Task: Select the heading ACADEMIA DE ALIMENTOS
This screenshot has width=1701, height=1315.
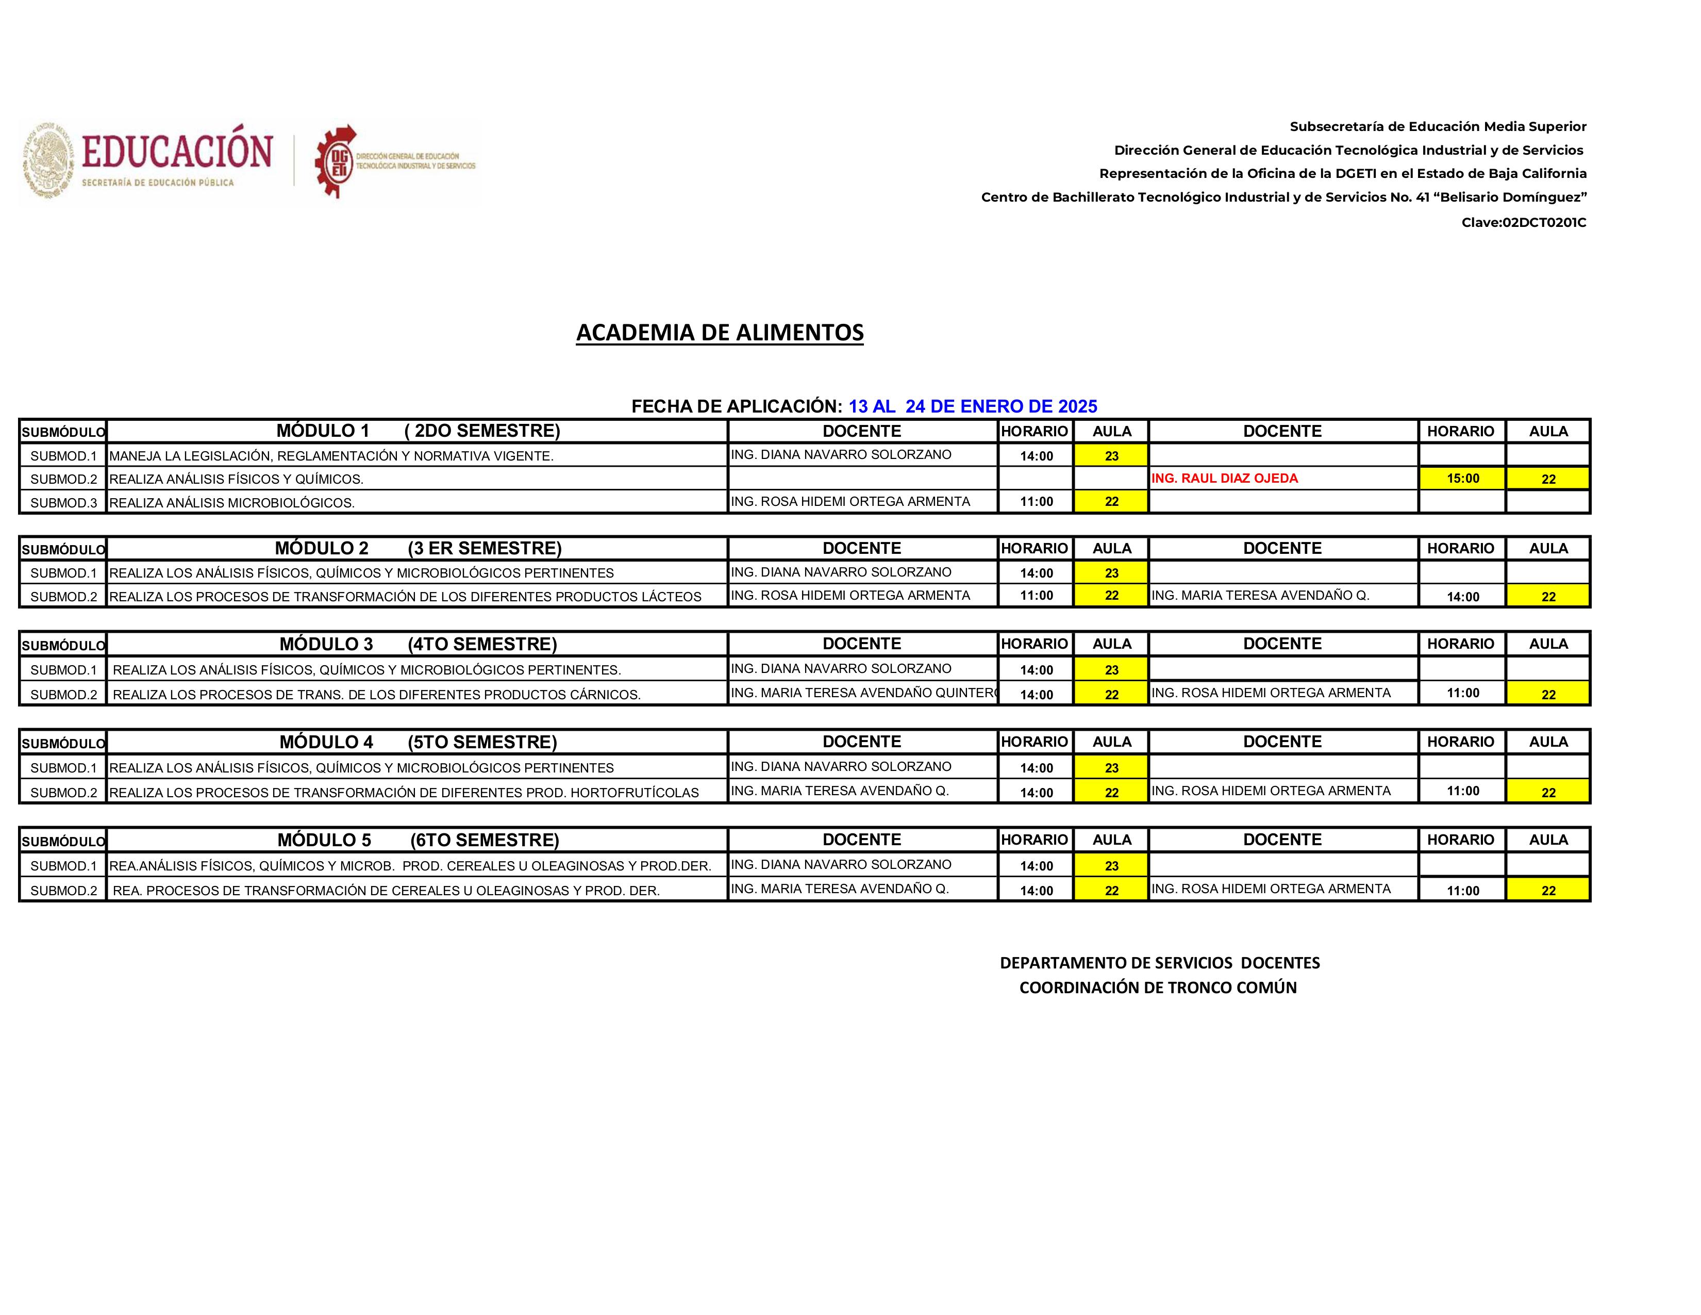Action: (719, 333)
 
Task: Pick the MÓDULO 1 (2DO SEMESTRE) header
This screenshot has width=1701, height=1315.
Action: (418, 431)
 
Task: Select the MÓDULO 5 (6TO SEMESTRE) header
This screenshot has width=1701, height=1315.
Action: (418, 840)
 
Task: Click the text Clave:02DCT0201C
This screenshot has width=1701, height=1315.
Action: (1523, 223)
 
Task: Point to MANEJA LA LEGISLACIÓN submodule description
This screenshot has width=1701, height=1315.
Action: (331, 456)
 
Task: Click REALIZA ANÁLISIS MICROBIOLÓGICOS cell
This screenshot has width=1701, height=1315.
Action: (231, 502)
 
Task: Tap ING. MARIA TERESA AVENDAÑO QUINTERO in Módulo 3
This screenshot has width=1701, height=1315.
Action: (862, 693)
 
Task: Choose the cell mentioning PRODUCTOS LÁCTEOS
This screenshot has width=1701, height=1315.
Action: (405, 596)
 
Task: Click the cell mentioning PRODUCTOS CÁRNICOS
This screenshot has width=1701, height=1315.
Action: (376, 694)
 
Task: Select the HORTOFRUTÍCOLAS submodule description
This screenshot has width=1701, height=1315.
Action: (404, 792)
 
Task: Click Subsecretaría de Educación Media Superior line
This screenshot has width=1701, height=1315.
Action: (1437, 126)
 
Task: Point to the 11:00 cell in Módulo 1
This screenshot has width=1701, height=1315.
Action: (1036, 502)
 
